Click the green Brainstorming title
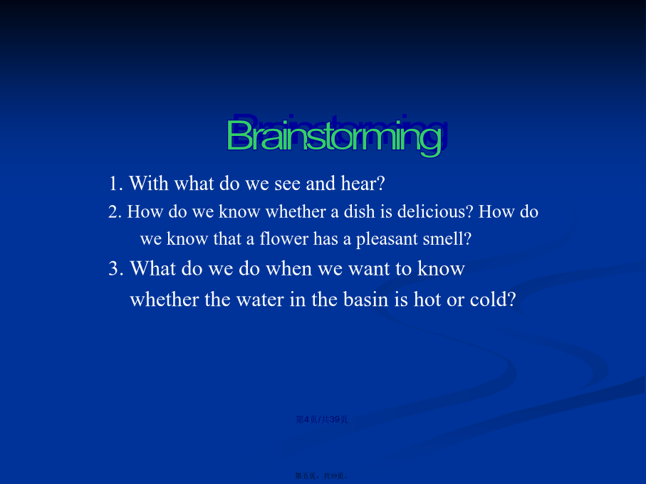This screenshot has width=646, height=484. [334, 137]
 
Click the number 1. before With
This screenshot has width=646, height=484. [116, 184]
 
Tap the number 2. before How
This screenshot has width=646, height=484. [115, 212]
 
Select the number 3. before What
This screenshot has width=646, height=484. [116, 269]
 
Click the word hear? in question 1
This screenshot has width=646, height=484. [363, 184]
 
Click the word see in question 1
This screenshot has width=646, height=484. [287, 184]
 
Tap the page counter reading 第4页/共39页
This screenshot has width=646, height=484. [322, 419]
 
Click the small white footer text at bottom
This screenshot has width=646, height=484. [322, 475]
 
